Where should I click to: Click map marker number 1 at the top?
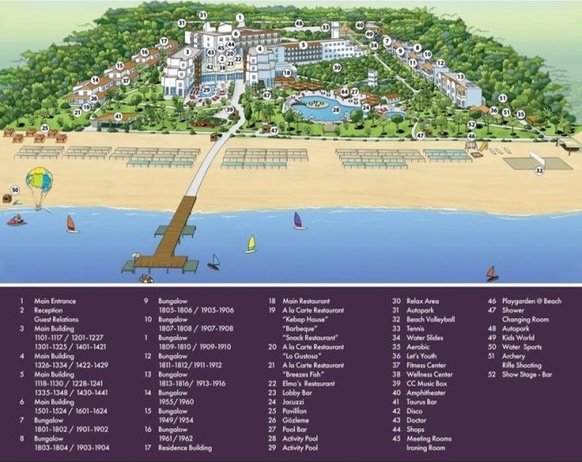pyautogui.click(x=239, y=16)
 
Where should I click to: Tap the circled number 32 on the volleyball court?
pyautogui.click(x=539, y=172)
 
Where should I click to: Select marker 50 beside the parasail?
pyautogui.click(x=15, y=190)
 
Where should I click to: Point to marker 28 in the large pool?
pyautogui.click(x=337, y=110)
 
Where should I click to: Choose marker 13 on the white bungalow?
pyautogui.click(x=461, y=77)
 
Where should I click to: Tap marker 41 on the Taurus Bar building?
pyautogui.click(x=118, y=116)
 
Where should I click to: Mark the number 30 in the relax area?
pyautogui.click(x=337, y=67)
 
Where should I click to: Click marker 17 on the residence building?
pyautogui.click(x=163, y=41)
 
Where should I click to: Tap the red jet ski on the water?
pyautogui.click(x=16, y=220)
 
